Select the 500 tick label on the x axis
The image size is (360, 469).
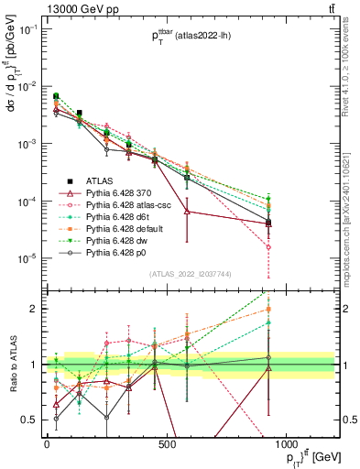click(x=167, y=444)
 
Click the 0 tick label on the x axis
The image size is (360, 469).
click(x=47, y=444)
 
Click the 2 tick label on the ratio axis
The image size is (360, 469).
click(x=34, y=310)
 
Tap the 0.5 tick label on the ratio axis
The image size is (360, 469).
click(x=30, y=420)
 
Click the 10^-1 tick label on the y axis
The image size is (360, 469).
click(x=27, y=29)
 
